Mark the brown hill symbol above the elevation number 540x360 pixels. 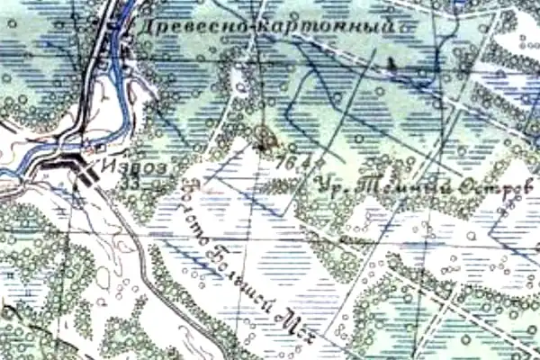point(265,138)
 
